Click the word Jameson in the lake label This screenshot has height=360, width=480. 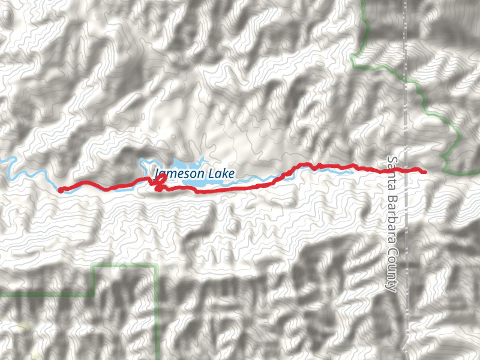point(179,175)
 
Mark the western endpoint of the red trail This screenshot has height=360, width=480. point(60,191)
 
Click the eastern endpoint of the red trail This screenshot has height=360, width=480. point(425,172)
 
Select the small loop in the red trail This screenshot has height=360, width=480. point(160,184)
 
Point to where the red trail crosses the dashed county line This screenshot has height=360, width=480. point(406,170)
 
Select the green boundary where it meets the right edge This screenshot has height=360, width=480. point(478,173)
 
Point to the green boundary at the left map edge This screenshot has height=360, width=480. point(2,295)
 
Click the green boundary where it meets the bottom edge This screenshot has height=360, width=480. point(158,358)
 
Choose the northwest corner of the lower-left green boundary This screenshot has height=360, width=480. point(94,265)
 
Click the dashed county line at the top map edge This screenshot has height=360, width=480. point(406,2)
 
